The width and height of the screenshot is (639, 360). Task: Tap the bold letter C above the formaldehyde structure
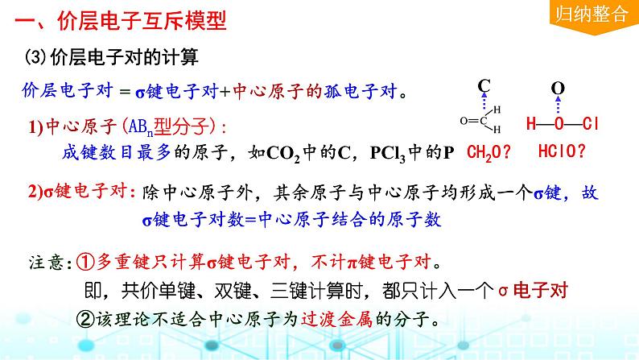click(x=484, y=85)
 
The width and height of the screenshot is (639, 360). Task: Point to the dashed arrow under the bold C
click(x=484, y=103)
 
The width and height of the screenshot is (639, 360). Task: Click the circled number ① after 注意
click(x=86, y=262)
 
